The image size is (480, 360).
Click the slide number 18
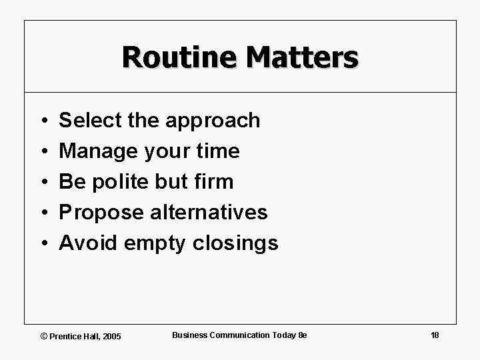[435, 335]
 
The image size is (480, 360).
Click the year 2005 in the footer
[111, 336]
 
